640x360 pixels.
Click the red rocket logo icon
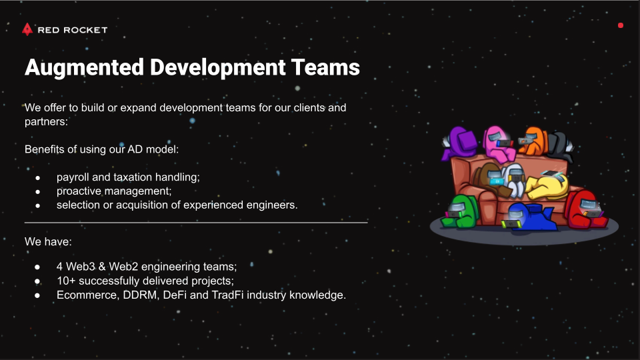point(27,29)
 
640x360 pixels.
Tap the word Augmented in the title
point(84,68)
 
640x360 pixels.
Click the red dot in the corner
point(621,25)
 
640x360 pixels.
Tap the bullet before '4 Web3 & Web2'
point(37,267)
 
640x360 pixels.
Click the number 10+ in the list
point(66,281)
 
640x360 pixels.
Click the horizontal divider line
point(196,223)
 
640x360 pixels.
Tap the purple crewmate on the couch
point(459,143)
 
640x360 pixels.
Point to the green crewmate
point(460,211)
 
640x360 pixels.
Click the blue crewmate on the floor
point(529,217)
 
